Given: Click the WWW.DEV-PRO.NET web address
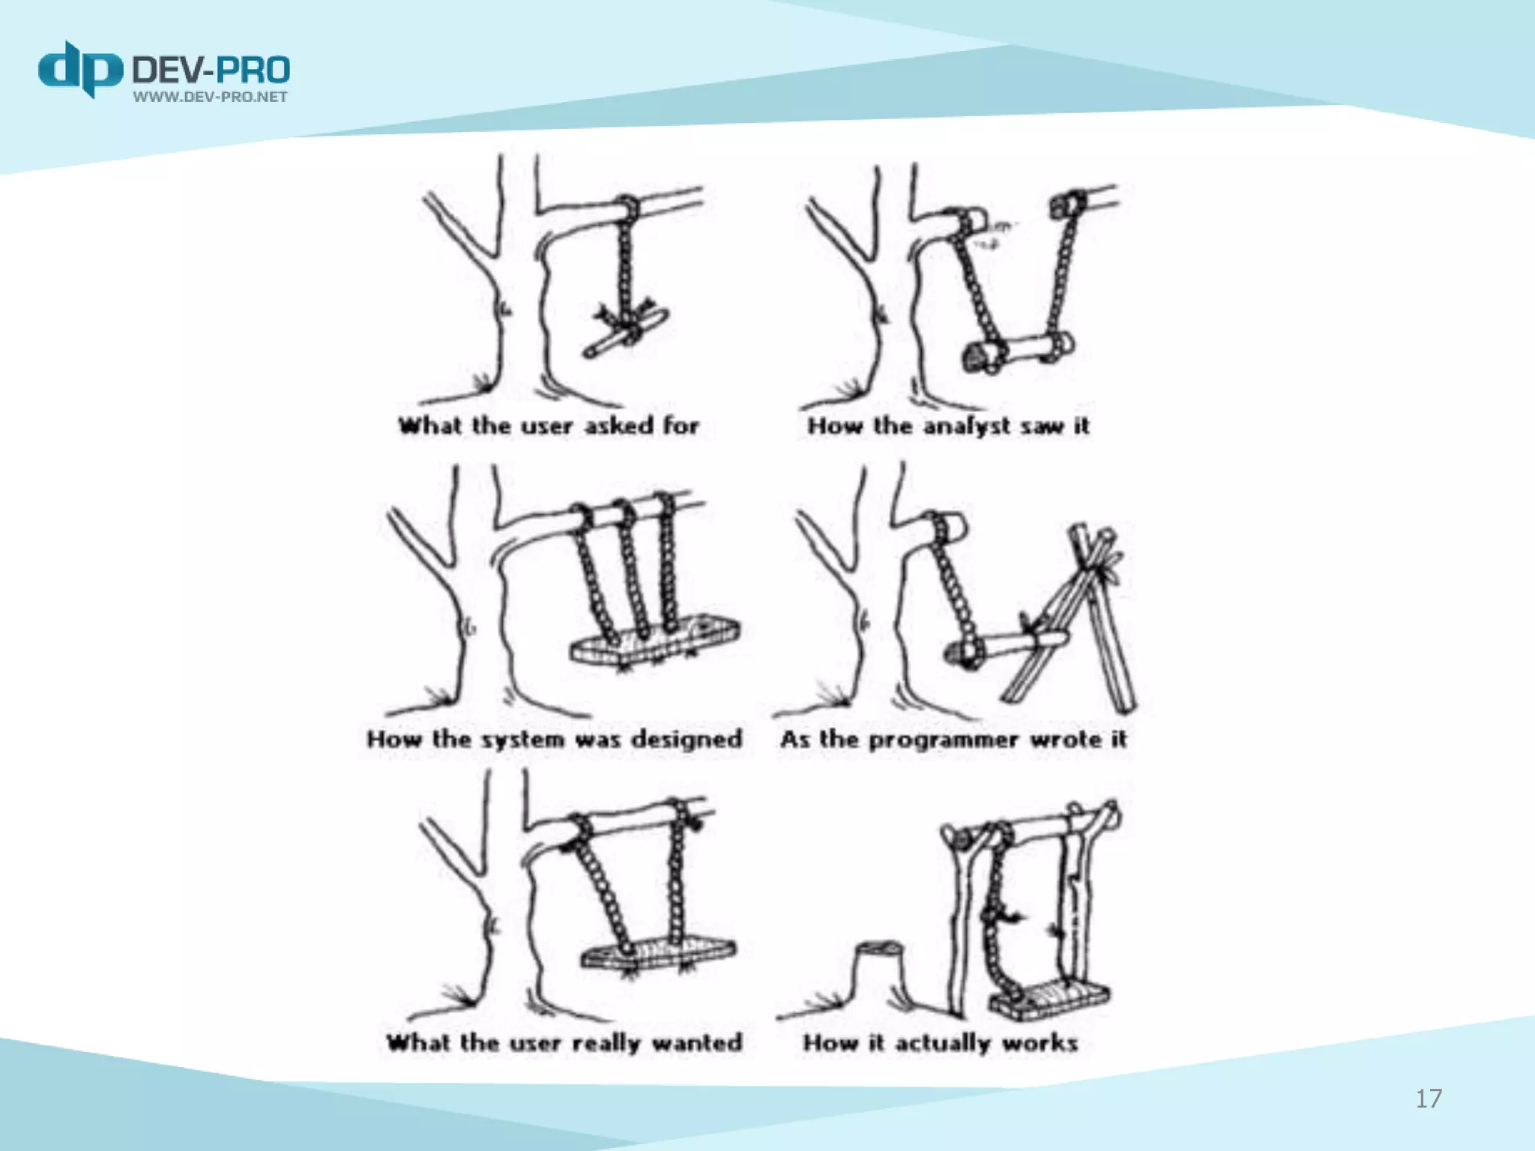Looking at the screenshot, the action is pos(211,97).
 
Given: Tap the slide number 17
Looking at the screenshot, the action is pos(1429,1099).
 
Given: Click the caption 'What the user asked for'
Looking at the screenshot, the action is pos(549,426).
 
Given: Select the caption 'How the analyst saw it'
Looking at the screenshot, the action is pos(948,426).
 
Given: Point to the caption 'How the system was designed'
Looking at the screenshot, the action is pos(555,739).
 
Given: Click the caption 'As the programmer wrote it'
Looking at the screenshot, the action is pos(953,739).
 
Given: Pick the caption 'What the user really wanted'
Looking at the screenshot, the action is pos(564,1042).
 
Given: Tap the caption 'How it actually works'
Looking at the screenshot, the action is pos(941,1042).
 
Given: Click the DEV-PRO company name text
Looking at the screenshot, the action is pos(211,70).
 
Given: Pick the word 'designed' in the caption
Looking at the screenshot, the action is pos(687,740).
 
